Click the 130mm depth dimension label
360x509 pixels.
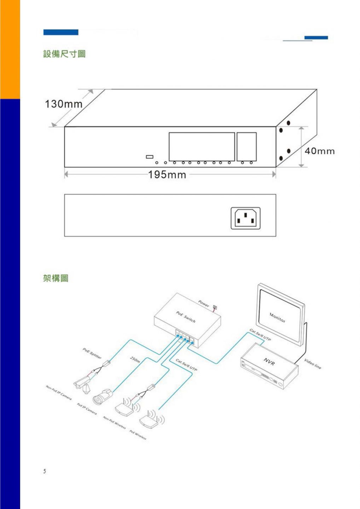pos(63,104)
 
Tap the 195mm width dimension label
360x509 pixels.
pos(167,175)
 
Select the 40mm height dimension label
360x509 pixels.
pos(320,151)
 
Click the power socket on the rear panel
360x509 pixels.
pos(245,218)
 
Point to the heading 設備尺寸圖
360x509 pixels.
pos(64,54)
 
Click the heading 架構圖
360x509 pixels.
pos(56,279)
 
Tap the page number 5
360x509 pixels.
pos(45,471)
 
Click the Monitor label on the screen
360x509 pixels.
pos(277,317)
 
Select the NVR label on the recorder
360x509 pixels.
pos(269,362)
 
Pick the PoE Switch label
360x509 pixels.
pos(186,317)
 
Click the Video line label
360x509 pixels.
pos(313,364)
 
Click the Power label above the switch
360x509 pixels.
pos(204,303)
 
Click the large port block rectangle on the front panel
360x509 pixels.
pos(202,147)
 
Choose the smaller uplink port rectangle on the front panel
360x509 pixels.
pos(246,147)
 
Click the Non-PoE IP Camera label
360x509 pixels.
pos(59,392)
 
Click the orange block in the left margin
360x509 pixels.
pos(10,49)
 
